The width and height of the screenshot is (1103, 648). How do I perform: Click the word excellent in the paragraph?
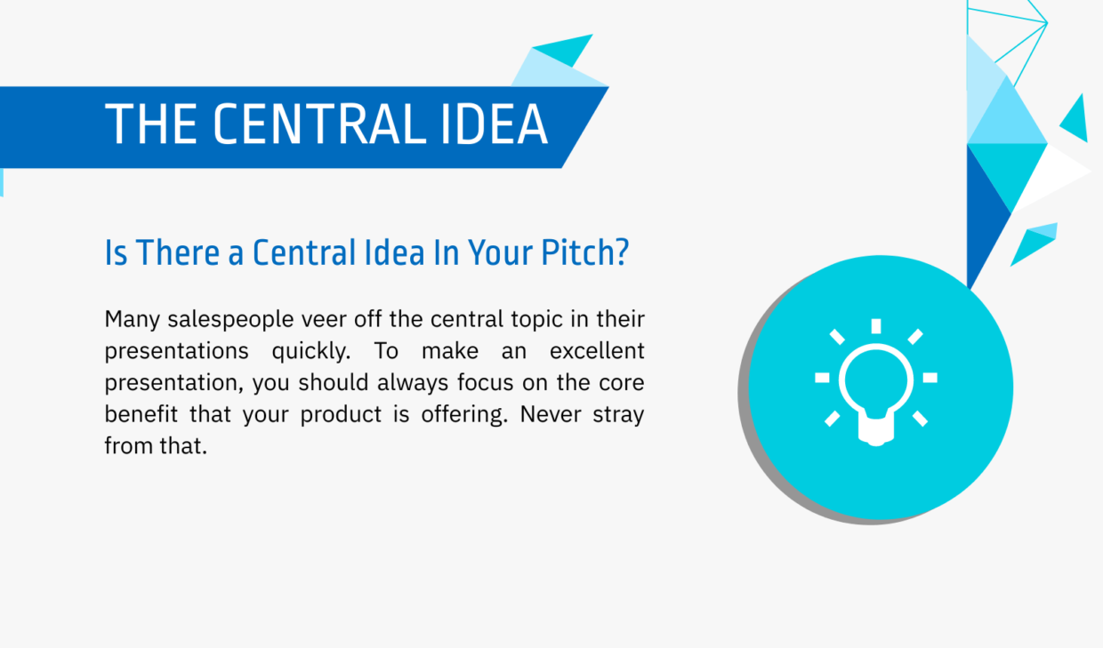(x=597, y=351)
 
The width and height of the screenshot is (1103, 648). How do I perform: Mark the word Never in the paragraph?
(x=549, y=415)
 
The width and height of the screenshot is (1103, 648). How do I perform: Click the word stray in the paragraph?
(x=620, y=415)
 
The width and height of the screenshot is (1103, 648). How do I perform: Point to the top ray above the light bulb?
(x=876, y=326)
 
